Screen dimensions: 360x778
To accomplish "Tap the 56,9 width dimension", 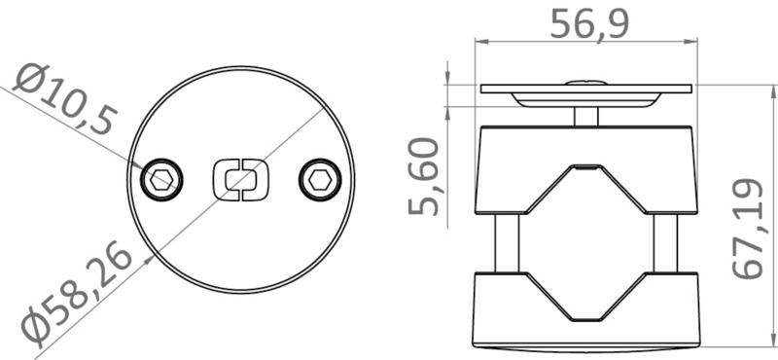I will tap(588, 23).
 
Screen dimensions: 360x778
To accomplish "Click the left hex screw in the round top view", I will tap(161, 179).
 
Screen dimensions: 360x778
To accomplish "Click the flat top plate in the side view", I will tap(587, 90).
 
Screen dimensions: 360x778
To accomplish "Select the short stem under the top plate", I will tap(587, 115).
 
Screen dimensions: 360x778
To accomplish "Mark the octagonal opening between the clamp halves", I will tap(587, 243).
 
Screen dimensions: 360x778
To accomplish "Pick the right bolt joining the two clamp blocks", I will tap(666, 242).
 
